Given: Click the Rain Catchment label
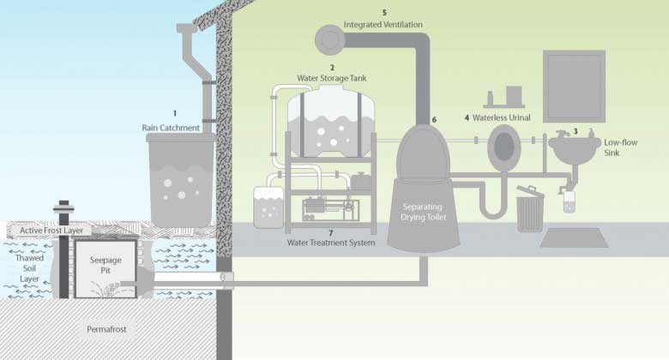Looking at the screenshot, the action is click(171, 128).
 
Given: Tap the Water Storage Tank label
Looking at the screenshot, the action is click(332, 78).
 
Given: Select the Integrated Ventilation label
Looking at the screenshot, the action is click(383, 25).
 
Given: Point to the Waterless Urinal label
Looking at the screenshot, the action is click(502, 117).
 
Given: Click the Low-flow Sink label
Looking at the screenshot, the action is click(620, 147).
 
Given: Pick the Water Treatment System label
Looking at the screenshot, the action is click(331, 243).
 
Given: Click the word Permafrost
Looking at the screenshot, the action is click(106, 329).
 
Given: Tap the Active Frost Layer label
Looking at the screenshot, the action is click(51, 231).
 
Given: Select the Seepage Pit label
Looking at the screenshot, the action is click(105, 265).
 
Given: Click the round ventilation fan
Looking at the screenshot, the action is click(330, 40).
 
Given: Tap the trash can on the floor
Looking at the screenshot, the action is click(530, 209).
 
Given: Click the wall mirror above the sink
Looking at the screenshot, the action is click(574, 87).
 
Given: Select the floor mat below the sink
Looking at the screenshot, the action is click(575, 237).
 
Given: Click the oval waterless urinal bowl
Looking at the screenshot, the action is click(503, 146).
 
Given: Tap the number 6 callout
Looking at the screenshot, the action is click(434, 120).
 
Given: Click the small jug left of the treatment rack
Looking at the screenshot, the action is click(268, 207).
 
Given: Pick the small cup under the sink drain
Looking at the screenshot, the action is click(570, 201).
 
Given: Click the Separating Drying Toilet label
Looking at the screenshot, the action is click(423, 212).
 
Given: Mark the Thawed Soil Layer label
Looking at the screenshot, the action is click(29, 268).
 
